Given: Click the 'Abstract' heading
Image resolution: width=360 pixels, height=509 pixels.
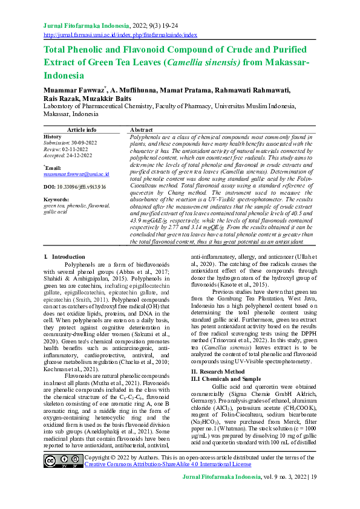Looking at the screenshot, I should (x=141, y=130).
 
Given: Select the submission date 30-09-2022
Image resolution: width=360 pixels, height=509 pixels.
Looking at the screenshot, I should (x=79, y=143).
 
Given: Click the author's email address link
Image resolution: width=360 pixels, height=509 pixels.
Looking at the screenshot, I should (x=76, y=173).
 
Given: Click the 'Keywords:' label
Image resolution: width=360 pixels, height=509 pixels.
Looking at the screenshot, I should (x=56, y=199).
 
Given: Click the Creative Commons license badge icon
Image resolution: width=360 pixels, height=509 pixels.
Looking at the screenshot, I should (x=63, y=461).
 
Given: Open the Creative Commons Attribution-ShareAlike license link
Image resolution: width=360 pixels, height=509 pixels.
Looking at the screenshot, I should (x=168, y=464).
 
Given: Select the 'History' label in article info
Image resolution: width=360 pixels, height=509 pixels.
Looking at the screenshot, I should (x=53, y=137).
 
